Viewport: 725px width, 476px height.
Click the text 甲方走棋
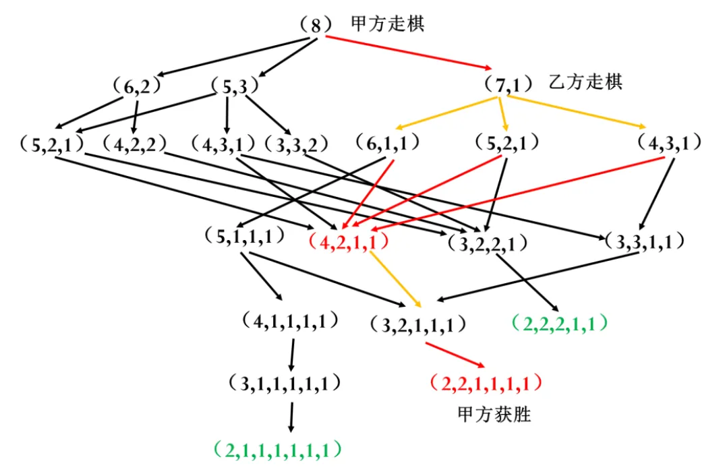coord(388,24)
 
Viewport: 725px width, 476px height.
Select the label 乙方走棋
coord(585,82)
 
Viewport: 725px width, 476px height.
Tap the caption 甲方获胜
coord(494,413)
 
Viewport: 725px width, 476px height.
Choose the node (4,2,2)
coord(136,144)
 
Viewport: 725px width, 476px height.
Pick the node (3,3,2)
coord(295,144)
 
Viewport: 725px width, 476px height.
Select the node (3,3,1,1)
coord(645,241)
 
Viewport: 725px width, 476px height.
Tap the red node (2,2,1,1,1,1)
coord(486,384)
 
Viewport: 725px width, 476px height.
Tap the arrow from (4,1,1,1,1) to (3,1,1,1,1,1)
coord(292,355)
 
